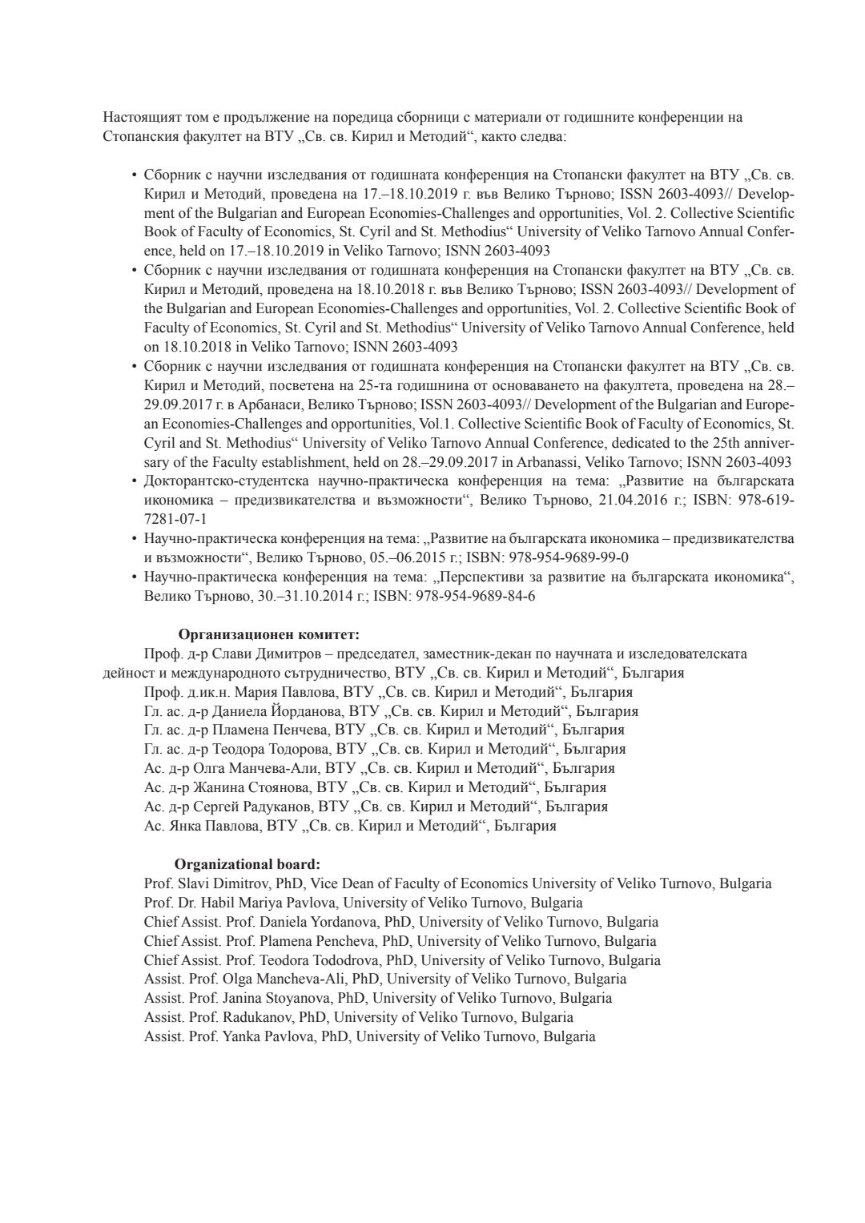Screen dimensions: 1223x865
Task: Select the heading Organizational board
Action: click(x=247, y=865)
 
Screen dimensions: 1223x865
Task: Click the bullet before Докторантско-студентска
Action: click(x=134, y=481)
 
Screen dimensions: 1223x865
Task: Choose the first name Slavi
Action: click(x=196, y=884)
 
